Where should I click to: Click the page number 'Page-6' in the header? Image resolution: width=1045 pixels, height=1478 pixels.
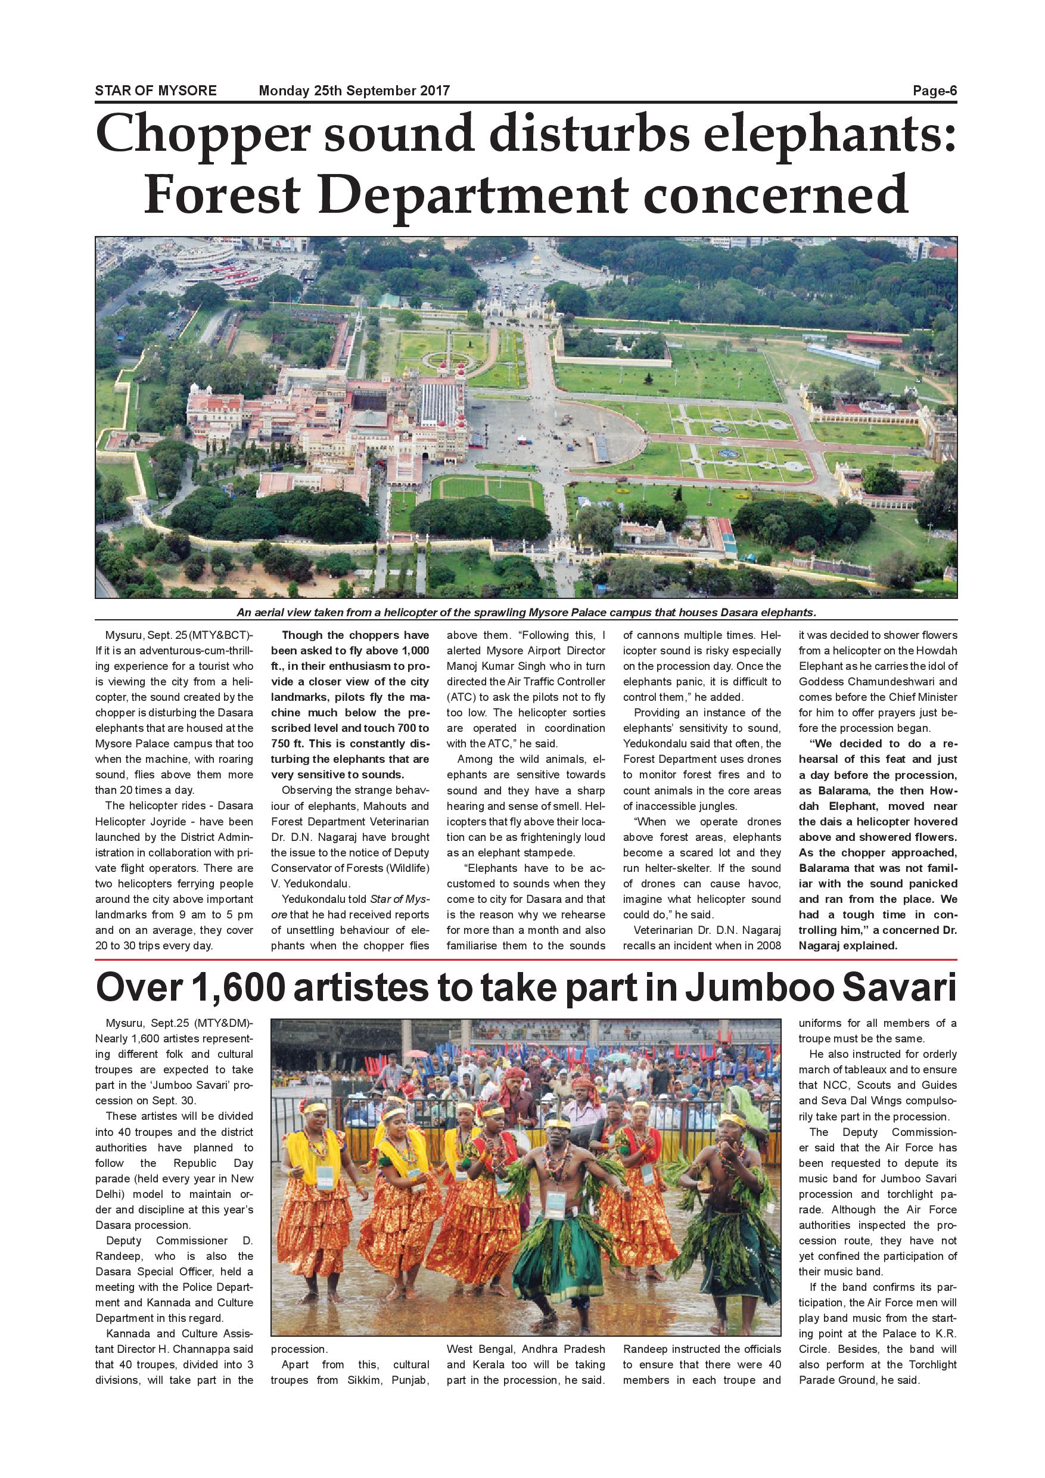click(934, 91)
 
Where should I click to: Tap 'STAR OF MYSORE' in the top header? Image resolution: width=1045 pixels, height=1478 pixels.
click(155, 91)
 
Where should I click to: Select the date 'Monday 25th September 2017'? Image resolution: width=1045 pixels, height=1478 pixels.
click(354, 91)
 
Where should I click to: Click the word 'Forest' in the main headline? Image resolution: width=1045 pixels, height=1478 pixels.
click(222, 194)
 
